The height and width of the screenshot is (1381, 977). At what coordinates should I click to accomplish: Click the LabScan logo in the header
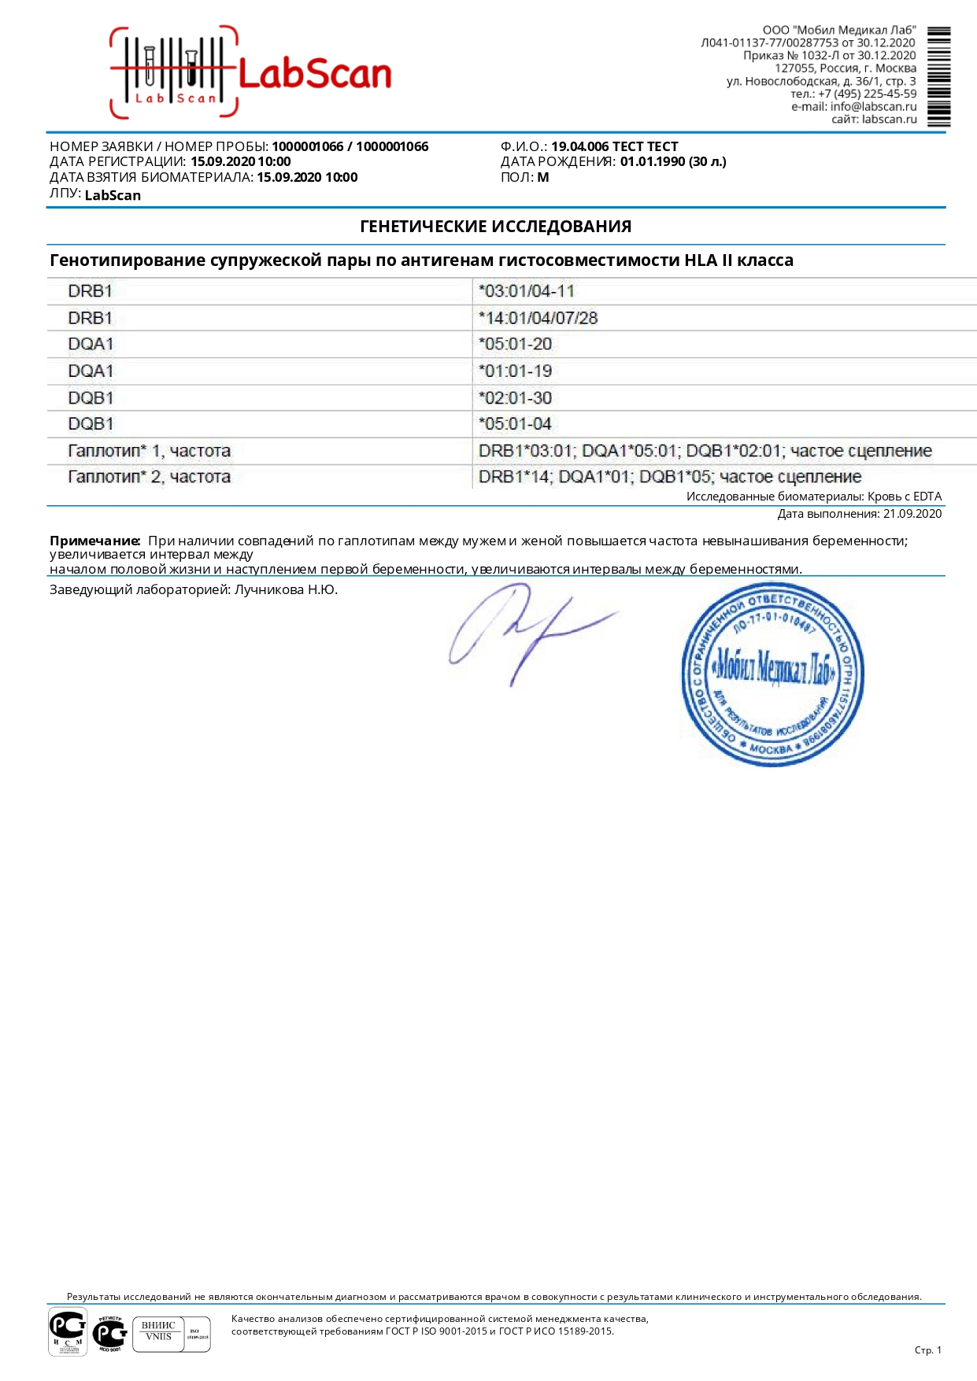(250, 73)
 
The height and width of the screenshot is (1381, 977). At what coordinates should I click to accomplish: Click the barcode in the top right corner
(938, 76)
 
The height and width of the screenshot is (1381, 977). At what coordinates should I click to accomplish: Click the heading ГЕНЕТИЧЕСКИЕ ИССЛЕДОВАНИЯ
(495, 227)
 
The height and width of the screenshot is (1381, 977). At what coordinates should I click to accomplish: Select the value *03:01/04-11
(526, 291)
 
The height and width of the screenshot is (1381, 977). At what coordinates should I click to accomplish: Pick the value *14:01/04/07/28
(538, 318)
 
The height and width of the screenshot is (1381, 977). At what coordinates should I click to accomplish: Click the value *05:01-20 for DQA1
(515, 344)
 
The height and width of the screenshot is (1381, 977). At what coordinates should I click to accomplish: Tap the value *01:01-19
(515, 371)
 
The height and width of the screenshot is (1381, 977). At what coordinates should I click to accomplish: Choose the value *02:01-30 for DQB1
(515, 397)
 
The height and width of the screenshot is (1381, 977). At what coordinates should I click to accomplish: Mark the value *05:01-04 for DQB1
(515, 423)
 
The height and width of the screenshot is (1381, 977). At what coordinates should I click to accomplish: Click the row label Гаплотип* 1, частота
(149, 451)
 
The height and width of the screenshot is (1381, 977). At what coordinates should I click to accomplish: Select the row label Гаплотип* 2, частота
(149, 477)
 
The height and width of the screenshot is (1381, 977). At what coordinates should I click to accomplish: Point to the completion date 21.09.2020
(912, 514)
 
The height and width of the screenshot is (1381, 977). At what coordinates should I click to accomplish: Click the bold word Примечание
(94, 541)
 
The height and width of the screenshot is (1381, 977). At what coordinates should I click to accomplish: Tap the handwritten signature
(527, 630)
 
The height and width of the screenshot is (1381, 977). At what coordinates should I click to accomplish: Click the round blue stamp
(772, 674)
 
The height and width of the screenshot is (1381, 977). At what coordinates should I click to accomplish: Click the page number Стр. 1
(927, 1350)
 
